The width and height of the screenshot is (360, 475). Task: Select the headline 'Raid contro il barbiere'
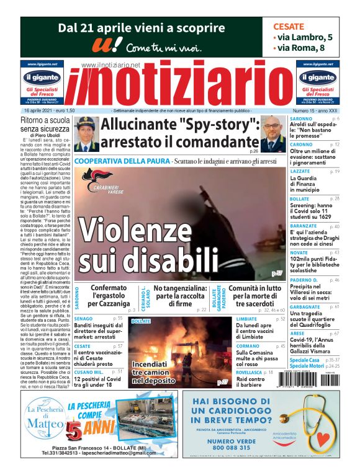pos(254,383)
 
